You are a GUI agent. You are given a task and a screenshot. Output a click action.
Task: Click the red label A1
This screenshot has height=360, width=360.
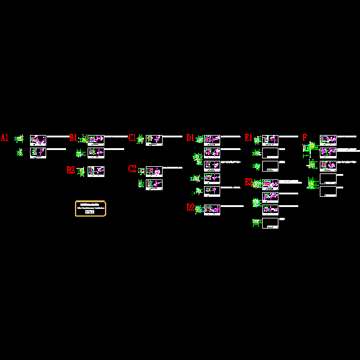(4, 138)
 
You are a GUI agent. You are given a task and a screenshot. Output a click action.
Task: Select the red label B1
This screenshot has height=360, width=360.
(73, 138)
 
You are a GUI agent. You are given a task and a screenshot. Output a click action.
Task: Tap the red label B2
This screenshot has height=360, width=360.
(71, 170)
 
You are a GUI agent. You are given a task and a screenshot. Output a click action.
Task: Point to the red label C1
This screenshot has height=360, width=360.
(132, 138)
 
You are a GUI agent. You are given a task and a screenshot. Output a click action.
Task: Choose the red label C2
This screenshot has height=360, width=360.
(132, 169)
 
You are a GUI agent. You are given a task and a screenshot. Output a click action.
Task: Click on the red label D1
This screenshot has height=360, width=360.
(190, 138)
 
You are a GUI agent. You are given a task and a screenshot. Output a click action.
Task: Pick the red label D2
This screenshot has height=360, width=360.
(190, 208)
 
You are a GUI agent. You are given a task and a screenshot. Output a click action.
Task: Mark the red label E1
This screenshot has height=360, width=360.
(248, 138)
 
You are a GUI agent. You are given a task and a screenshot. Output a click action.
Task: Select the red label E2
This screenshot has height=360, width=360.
(248, 182)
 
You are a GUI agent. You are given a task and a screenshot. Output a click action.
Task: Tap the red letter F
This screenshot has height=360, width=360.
(305, 138)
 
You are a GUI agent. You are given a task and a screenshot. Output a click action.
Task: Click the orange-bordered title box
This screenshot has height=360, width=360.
(91, 208)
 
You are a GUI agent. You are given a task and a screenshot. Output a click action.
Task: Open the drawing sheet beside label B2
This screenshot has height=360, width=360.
(96, 172)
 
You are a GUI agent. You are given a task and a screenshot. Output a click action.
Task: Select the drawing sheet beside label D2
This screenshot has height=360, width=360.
(212, 209)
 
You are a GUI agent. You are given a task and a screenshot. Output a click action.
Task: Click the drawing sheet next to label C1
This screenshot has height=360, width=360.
(154, 140)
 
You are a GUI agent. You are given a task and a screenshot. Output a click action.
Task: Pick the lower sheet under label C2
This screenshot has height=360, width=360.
(154, 184)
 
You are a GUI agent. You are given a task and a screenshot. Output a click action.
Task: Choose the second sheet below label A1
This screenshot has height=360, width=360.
(38, 152)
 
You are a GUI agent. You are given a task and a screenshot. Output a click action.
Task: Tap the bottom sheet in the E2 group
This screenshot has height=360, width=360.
(270, 223)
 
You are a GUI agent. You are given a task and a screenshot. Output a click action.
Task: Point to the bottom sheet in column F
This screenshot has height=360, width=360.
(328, 191)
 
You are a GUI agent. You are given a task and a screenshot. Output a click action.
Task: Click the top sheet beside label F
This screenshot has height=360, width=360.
(328, 140)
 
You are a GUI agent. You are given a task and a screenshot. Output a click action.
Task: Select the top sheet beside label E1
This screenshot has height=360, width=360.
(270, 140)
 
